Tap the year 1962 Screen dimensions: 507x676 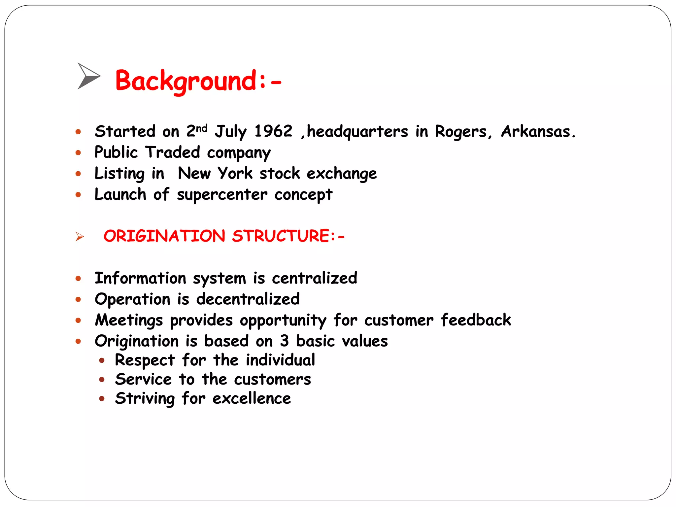pos(273,131)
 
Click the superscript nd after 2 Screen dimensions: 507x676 pos(202,128)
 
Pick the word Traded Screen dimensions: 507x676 pos(173,152)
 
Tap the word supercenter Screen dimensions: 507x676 pos(222,195)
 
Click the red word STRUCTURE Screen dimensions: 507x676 pos(281,236)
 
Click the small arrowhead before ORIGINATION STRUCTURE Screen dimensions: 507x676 pos(79,237)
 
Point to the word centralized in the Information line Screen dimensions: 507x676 pos(314,278)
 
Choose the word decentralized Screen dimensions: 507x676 pos(248,299)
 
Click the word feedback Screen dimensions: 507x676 pos(476,320)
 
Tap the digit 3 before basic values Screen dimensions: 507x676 pos(284,341)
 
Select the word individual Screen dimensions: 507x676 pos(280,360)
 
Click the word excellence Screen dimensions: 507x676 pos(252,398)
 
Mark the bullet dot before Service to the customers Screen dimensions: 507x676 pos(102,380)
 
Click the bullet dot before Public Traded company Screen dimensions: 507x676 pos(78,153)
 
